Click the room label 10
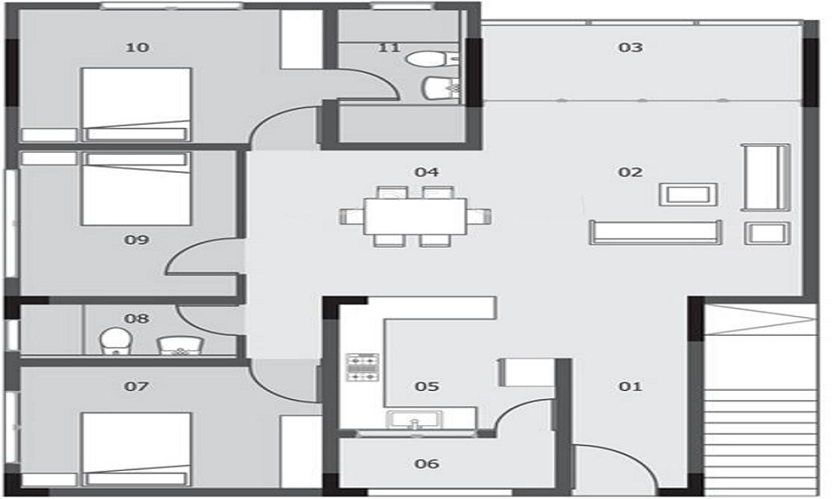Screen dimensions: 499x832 click(x=137, y=47)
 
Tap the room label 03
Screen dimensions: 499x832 click(x=631, y=47)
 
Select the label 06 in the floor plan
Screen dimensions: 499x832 click(x=427, y=464)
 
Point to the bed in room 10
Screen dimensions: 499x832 click(x=136, y=104)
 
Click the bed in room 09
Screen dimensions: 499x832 click(x=136, y=189)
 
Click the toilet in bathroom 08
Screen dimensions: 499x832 click(x=114, y=341)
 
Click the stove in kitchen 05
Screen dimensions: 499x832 click(x=363, y=367)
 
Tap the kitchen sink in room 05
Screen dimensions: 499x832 click(x=414, y=421)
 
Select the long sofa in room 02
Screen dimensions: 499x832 click(x=655, y=232)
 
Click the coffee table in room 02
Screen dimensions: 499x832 click(x=687, y=195)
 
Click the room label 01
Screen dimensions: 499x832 click(x=631, y=387)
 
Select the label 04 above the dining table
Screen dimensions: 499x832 click(x=427, y=172)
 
